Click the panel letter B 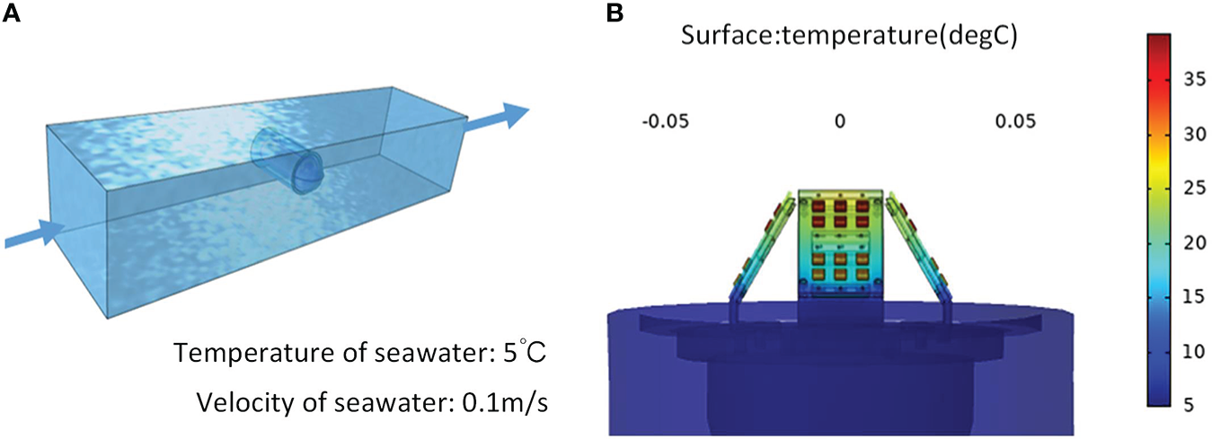click(615, 13)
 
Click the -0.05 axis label click(665, 121)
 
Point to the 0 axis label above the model click(839, 121)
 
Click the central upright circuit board click(840, 242)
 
